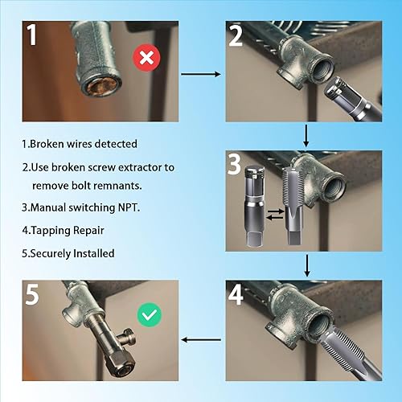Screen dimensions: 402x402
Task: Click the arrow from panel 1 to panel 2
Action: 202,74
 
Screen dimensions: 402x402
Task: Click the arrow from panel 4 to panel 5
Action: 202,339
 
